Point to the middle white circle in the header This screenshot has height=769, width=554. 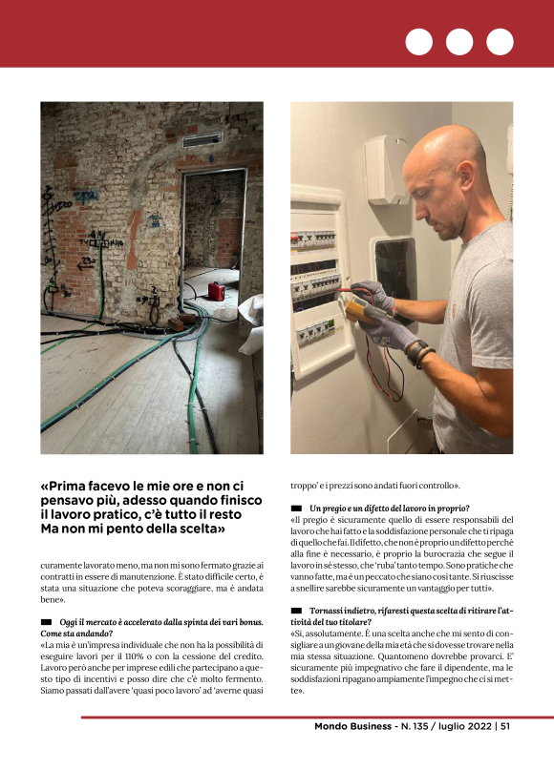(x=459, y=42)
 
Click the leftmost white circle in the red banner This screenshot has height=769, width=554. (x=418, y=42)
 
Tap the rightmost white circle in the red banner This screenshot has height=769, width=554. (x=500, y=42)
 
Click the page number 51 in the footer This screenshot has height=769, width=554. (x=504, y=726)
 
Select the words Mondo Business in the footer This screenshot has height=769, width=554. (x=352, y=726)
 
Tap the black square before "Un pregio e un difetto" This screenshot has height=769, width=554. (x=296, y=508)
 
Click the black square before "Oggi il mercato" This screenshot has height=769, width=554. (x=46, y=622)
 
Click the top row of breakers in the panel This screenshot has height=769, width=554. (x=314, y=240)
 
